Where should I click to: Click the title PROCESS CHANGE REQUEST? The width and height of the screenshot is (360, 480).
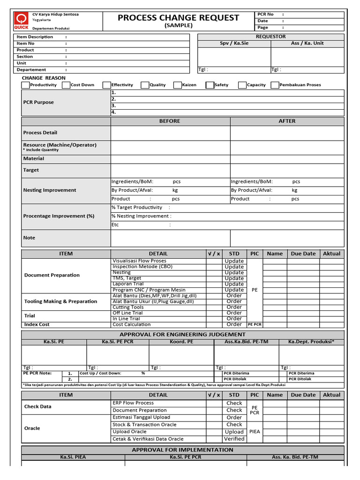(x=178, y=18)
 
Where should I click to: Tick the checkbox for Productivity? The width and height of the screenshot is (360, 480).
(x=25, y=85)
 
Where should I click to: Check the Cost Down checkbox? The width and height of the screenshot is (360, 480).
(x=66, y=85)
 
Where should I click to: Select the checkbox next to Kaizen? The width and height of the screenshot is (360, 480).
(x=178, y=85)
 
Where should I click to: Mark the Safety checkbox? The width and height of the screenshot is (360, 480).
(x=210, y=85)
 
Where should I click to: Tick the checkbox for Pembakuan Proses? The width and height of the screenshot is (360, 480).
(x=275, y=85)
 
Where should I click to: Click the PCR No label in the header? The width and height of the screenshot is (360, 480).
(x=265, y=15)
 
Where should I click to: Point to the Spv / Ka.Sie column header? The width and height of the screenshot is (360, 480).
(x=234, y=43)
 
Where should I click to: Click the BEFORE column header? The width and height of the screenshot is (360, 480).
(x=170, y=121)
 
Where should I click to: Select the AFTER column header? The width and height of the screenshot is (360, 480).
(x=287, y=121)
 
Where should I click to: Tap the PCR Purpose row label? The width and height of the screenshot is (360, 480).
(x=38, y=102)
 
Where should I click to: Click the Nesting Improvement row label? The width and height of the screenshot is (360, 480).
(x=50, y=190)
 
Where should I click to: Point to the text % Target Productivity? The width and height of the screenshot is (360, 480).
(x=137, y=207)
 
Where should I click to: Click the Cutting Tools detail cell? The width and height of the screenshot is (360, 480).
(x=128, y=307)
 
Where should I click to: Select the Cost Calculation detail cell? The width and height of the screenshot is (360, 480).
(x=132, y=324)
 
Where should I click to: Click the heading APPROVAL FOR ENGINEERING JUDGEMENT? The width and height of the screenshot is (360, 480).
(x=182, y=334)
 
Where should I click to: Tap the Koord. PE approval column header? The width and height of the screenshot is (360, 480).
(x=181, y=342)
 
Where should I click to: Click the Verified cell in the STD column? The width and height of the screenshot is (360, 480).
(x=234, y=439)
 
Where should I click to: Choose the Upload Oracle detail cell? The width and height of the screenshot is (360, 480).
(x=129, y=432)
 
